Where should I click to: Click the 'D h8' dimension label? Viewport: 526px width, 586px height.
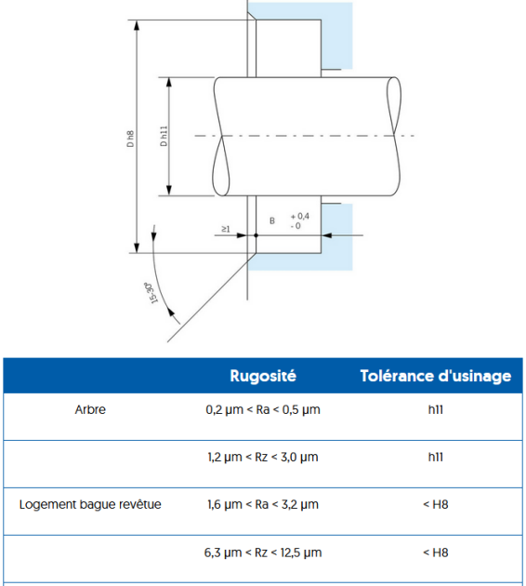(x=130, y=139)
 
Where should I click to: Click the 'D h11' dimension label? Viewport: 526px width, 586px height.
(x=164, y=136)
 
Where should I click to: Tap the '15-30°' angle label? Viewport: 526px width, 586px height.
(x=151, y=293)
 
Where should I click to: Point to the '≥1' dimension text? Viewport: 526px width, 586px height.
(x=226, y=229)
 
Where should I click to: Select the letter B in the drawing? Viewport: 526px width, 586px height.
(x=272, y=220)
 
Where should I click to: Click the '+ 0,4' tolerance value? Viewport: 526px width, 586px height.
(x=300, y=216)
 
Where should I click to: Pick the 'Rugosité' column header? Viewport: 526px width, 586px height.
(x=263, y=376)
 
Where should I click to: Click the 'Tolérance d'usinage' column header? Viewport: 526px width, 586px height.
(x=436, y=376)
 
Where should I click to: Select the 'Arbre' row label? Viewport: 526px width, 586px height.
(x=90, y=409)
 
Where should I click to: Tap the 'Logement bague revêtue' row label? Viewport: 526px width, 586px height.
(x=90, y=504)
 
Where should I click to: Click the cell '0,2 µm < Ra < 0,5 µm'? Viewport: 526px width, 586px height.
(x=263, y=409)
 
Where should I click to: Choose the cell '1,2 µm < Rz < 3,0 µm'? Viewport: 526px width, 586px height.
(x=263, y=457)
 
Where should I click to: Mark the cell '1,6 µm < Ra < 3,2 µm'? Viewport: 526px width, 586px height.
(x=263, y=504)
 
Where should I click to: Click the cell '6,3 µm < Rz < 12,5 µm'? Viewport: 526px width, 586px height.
(x=263, y=553)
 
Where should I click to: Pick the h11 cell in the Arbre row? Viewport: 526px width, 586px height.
(x=436, y=409)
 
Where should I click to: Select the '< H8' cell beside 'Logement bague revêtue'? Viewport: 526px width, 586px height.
(x=436, y=504)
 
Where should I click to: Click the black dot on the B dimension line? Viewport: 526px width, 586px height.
(x=256, y=235)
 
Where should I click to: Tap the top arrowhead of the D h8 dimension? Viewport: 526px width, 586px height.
(x=137, y=25)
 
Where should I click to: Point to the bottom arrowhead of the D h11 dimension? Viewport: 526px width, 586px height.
(x=169, y=190)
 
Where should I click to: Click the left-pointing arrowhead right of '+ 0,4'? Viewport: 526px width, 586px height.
(x=326, y=235)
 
